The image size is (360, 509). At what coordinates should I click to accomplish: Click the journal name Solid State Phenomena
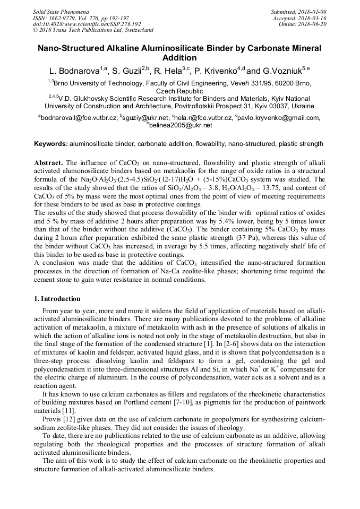pyautogui.click(x=61, y=12)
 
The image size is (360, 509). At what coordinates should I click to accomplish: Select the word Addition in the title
pyautogui.click(x=179, y=58)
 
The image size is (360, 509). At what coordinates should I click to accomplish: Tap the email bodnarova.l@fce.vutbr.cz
pyautogui.click(x=79, y=118)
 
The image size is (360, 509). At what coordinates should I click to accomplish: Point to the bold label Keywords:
pyautogui.click(x=50, y=144)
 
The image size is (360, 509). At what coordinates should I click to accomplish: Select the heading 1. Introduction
pyautogui.click(x=57, y=299)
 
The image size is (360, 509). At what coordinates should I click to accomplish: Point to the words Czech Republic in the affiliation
pyautogui.click(x=179, y=91)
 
